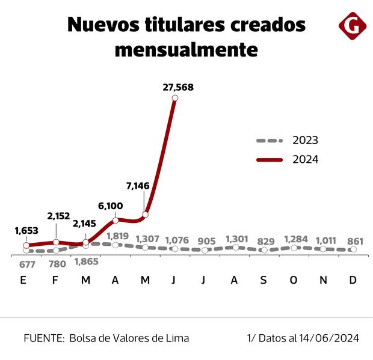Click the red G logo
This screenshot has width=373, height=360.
click(x=352, y=26)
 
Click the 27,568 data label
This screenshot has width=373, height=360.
click(x=178, y=87)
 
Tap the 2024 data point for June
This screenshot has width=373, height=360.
click(x=175, y=98)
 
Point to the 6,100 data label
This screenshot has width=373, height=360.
click(x=113, y=206)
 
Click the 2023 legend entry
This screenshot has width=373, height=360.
click(x=305, y=141)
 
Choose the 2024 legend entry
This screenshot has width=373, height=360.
click(x=305, y=159)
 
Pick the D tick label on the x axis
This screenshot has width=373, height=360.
click(x=353, y=280)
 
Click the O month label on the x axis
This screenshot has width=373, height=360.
click(x=294, y=280)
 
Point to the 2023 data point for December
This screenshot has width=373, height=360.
click(x=353, y=249)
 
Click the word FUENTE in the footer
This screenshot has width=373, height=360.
click(x=42, y=338)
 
